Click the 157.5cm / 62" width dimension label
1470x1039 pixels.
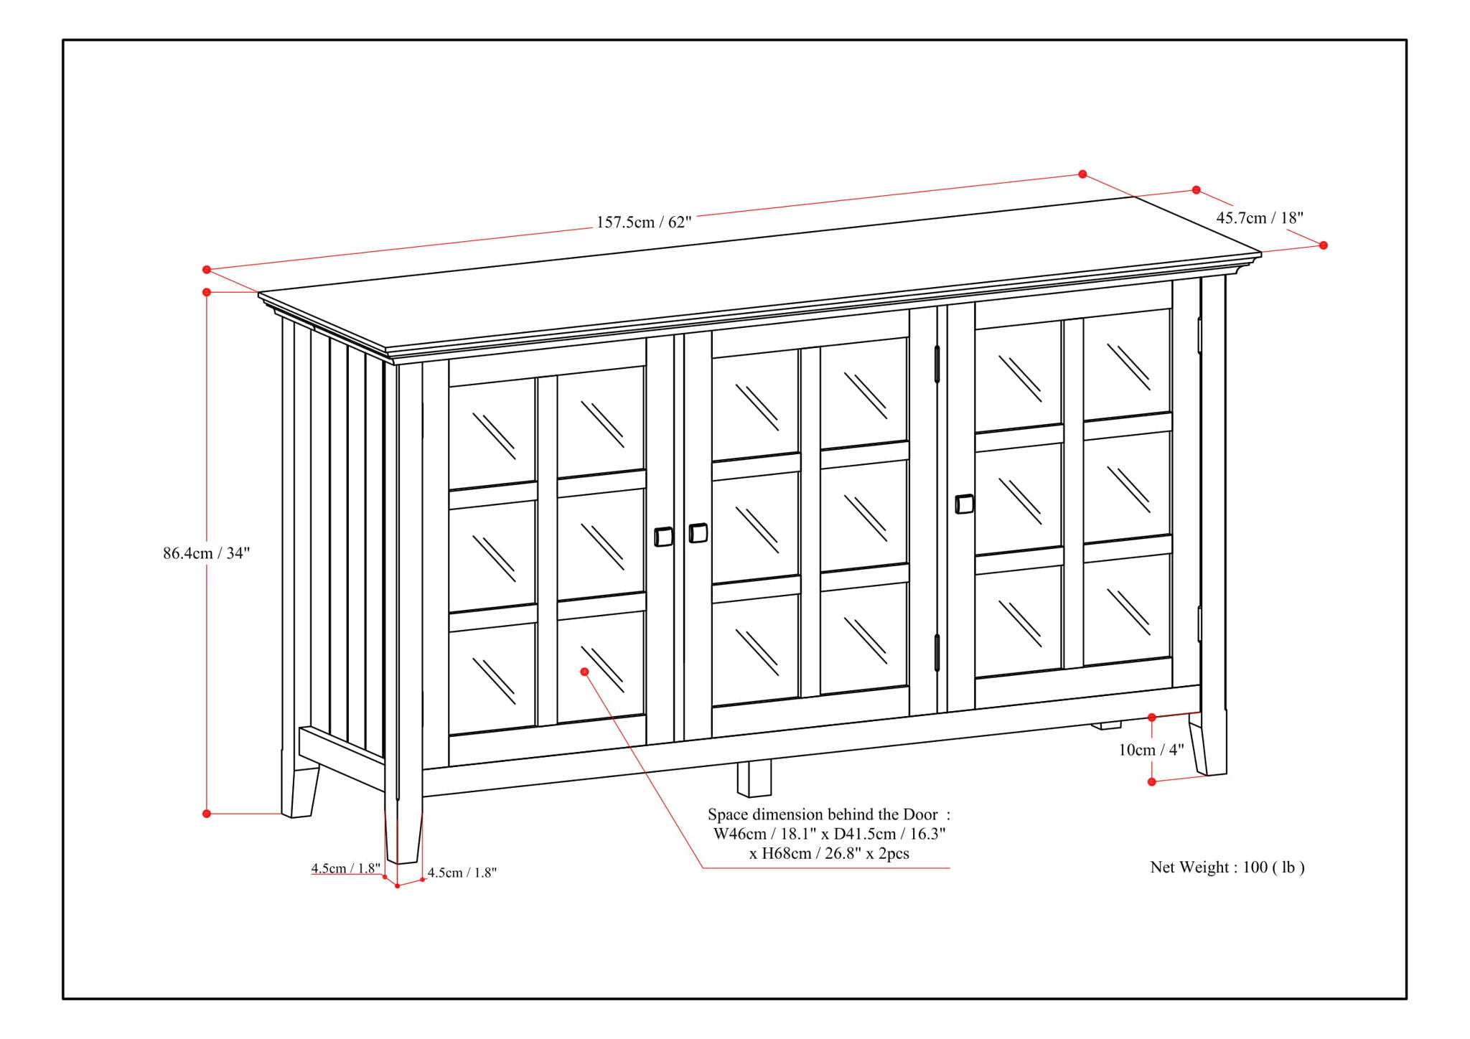point(643,222)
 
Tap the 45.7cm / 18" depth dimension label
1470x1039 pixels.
point(1259,217)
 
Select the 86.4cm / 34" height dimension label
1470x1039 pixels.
point(206,553)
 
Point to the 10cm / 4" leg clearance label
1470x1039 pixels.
point(1151,750)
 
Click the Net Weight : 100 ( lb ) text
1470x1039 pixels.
point(1227,867)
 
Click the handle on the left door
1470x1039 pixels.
point(663,537)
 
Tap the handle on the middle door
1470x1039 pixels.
point(698,533)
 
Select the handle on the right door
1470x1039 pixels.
point(965,504)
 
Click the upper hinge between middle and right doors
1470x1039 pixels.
point(937,365)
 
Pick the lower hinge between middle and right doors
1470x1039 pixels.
point(937,653)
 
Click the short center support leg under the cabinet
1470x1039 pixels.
point(754,778)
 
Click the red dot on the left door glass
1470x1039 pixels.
point(584,672)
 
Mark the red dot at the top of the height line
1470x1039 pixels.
point(207,292)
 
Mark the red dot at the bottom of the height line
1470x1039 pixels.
point(207,813)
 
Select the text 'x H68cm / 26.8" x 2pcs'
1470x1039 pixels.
point(829,853)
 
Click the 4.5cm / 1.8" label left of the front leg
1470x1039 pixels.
point(345,868)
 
